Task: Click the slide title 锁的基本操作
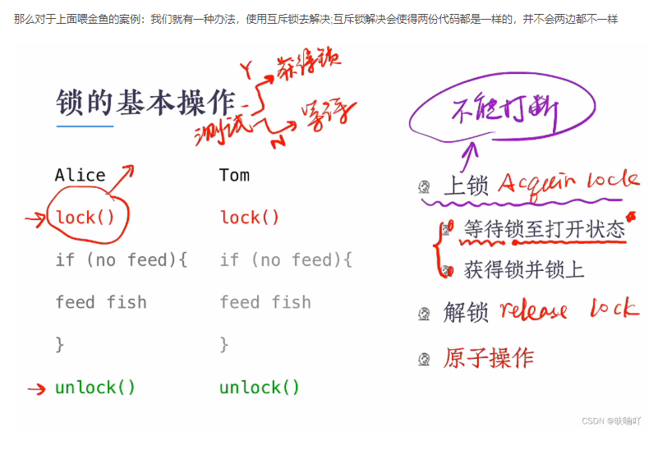click(145, 103)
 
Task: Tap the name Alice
click(80, 176)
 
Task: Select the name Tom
click(234, 175)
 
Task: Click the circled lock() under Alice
click(85, 218)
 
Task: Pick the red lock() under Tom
click(250, 218)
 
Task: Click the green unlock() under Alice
click(95, 388)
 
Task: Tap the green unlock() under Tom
click(260, 388)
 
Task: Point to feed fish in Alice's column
click(101, 302)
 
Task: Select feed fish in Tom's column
click(265, 302)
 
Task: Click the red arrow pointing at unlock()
click(35, 388)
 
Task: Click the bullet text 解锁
click(466, 313)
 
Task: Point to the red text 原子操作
click(489, 358)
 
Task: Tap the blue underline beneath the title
click(85, 126)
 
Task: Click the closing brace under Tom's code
click(224, 345)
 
